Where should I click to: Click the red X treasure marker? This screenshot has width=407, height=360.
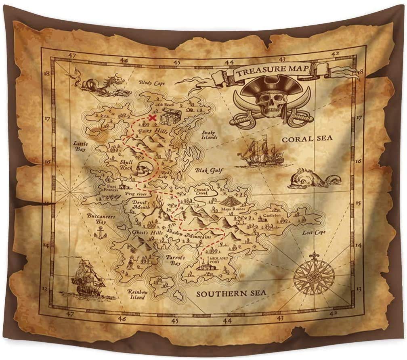coord(153,118)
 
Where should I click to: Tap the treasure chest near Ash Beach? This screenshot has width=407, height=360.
coord(166,117)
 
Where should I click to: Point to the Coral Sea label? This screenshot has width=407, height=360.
coord(307,139)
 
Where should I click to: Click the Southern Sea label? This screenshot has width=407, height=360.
coord(231,293)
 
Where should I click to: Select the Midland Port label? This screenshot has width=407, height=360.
coord(218,259)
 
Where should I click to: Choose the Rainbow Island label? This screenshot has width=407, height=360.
coord(136,295)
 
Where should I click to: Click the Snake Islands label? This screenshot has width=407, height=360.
coord(210,135)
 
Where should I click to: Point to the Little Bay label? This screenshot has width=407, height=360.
coord(81,146)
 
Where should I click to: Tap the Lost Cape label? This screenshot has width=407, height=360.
coord(314,233)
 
